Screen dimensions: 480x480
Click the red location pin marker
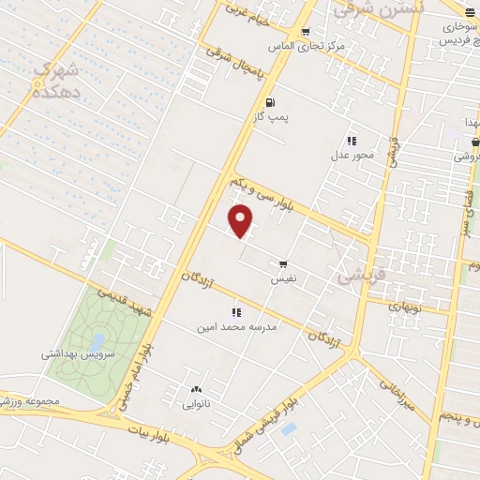point(242,221)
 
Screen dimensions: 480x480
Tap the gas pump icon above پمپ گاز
point(271,103)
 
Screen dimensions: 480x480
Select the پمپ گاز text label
point(274,118)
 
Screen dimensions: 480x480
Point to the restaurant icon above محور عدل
point(352,140)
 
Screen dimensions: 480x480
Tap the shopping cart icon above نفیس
point(283,264)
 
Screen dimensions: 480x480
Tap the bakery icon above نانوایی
point(196,389)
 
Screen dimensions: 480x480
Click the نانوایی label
point(197,405)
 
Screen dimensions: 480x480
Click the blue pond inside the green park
point(97,341)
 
